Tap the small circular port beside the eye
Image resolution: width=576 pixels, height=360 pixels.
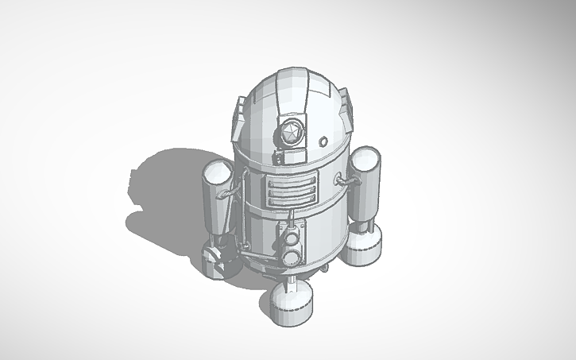323,141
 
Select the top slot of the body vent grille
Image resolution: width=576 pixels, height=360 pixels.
284,184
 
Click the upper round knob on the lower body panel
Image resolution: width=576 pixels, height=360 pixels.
292,239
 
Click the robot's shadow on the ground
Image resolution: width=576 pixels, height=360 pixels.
163,191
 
